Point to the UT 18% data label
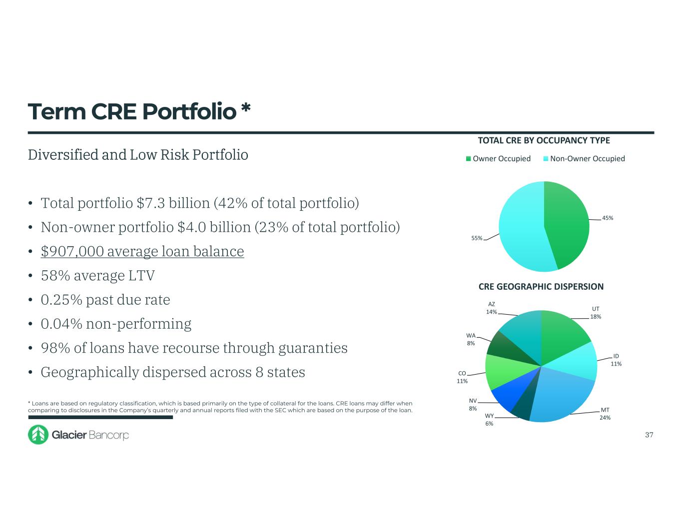[596, 313]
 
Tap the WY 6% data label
[489, 420]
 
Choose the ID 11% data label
[616, 360]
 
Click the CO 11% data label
[462, 377]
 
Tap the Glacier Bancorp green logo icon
[38, 435]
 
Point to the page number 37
[649, 435]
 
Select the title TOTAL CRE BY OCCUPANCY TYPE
[544, 140]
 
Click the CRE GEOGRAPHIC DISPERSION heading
[541, 287]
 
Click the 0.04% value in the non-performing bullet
[61, 324]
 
